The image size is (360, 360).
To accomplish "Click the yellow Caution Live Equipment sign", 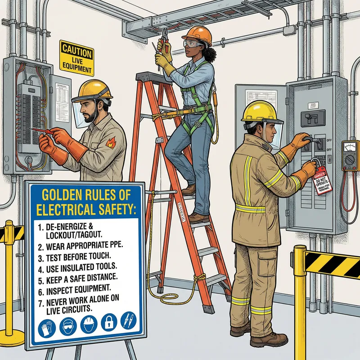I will click(76, 58).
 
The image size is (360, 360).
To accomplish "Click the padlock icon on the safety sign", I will click(108, 323).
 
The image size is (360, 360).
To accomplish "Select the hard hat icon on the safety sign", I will click(88, 324).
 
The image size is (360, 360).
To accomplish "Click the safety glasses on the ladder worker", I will click(190, 45).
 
